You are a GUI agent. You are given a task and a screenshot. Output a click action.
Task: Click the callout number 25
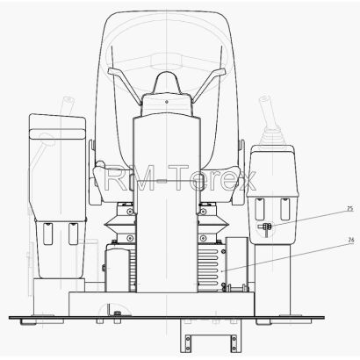[x=350, y=209]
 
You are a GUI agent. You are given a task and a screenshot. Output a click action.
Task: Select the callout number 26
[x=351, y=240]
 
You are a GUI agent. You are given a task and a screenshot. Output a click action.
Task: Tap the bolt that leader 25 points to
[x=265, y=227]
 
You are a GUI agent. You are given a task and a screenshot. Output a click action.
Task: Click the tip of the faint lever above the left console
[x=68, y=100]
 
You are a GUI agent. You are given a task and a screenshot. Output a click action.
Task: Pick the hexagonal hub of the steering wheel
[x=167, y=61]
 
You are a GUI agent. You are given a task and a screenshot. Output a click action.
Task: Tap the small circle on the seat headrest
[x=167, y=102]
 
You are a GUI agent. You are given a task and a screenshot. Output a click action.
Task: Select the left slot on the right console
[x=259, y=209]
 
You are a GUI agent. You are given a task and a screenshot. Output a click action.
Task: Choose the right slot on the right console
[x=285, y=209]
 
